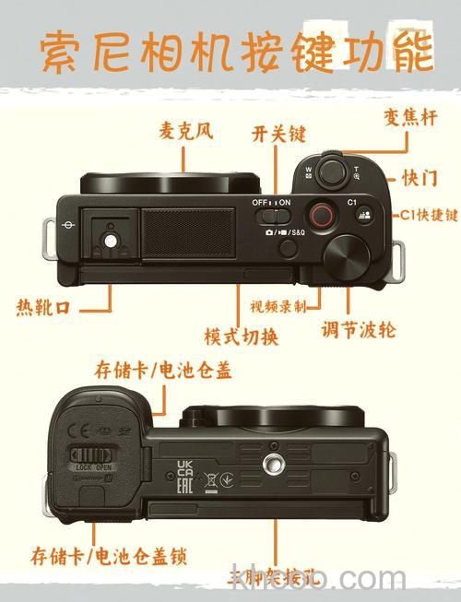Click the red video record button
coord(321,216)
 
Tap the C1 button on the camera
coord(362,216)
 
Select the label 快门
coord(420,177)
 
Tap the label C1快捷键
coord(428,215)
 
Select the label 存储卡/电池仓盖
coord(163,371)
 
